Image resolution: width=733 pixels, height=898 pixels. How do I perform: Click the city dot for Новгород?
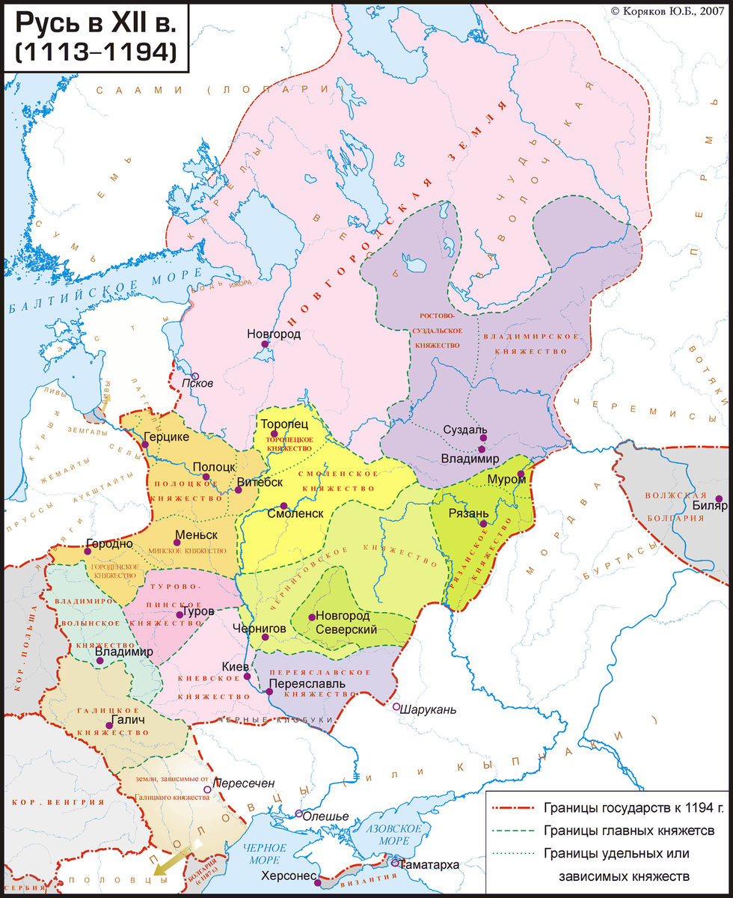click(265, 345)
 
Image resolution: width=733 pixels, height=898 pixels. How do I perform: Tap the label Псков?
click(199, 383)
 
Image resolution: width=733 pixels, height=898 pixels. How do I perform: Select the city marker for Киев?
click(248, 676)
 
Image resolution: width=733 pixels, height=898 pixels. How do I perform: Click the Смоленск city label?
click(295, 514)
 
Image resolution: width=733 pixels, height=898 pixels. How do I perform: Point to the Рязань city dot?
click(485, 523)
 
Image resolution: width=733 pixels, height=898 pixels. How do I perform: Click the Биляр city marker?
click(718, 498)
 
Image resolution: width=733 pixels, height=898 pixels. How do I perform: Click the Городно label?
click(110, 543)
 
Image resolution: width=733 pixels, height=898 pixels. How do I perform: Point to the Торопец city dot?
click(275, 434)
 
